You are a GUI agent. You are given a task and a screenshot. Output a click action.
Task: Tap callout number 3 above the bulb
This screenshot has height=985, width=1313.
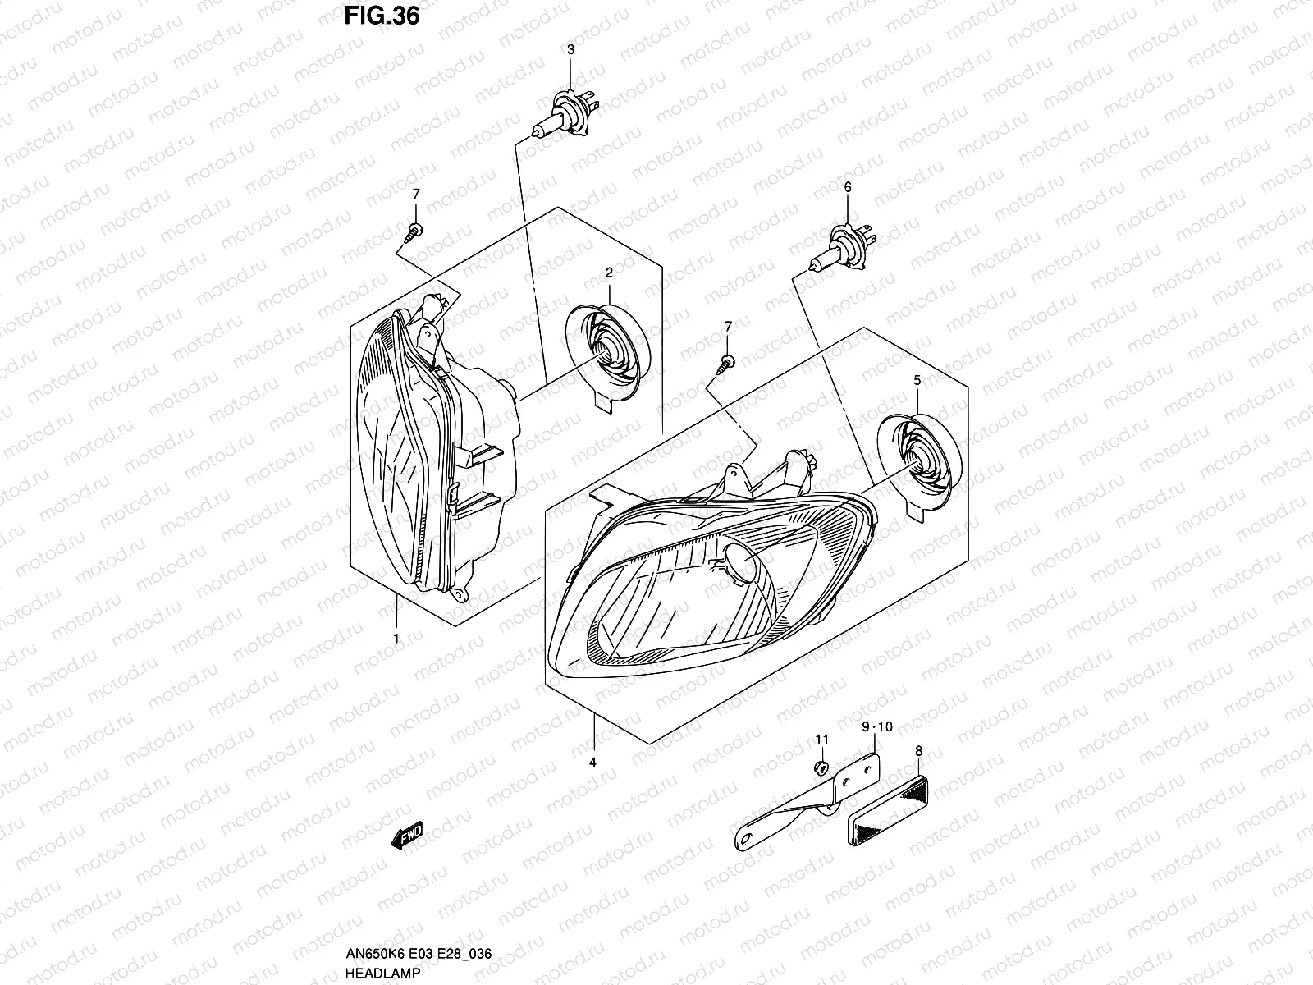(x=571, y=51)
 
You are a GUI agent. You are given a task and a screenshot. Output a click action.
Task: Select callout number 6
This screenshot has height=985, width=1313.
(x=848, y=188)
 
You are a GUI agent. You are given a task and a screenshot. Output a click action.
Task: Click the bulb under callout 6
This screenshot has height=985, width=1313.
(x=844, y=248)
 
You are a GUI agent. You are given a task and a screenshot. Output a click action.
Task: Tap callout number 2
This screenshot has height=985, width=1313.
(x=610, y=272)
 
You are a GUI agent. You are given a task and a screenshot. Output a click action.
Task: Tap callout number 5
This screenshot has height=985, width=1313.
(x=917, y=380)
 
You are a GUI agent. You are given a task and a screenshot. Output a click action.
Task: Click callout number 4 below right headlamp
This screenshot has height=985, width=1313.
(x=592, y=763)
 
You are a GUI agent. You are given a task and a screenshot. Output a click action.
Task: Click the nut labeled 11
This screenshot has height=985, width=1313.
(x=821, y=768)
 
